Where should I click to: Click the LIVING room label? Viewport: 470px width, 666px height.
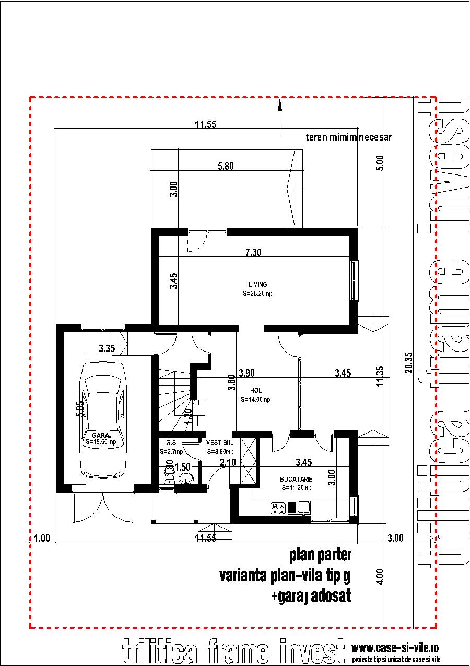click(x=257, y=285)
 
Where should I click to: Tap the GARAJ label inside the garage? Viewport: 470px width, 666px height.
click(x=101, y=435)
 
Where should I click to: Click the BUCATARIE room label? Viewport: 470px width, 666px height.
click(x=296, y=478)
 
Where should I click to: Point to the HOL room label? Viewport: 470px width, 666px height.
click(x=256, y=391)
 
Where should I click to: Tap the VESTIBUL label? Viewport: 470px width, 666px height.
click(x=220, y=442)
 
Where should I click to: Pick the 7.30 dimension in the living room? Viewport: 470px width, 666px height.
click(x=253, y=252)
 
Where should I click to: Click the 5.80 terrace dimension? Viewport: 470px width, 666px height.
click(x=226, y=167)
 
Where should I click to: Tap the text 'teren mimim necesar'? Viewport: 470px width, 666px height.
click(x=348, y=138)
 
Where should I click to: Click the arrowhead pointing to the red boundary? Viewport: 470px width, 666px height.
click(x=280, y=106)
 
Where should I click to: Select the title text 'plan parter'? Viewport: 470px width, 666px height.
click(x=320, y=555)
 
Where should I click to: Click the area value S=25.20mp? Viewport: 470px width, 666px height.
click(x=257, y=294)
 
